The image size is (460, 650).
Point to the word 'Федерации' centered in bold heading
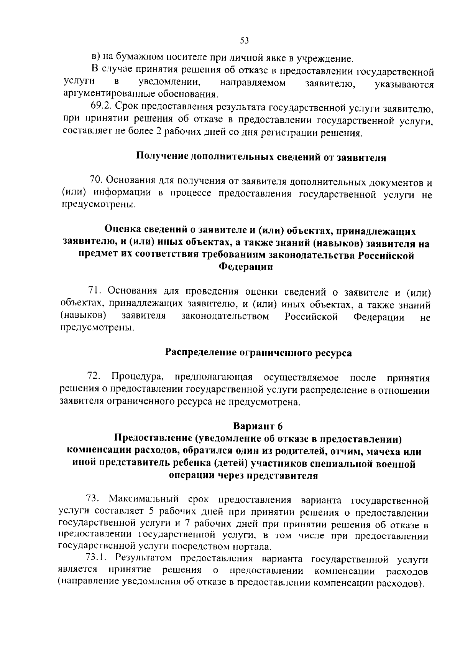coord(245,267)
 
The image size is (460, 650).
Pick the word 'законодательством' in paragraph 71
coord(225,317)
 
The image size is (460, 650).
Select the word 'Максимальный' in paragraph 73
coord(144,499)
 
